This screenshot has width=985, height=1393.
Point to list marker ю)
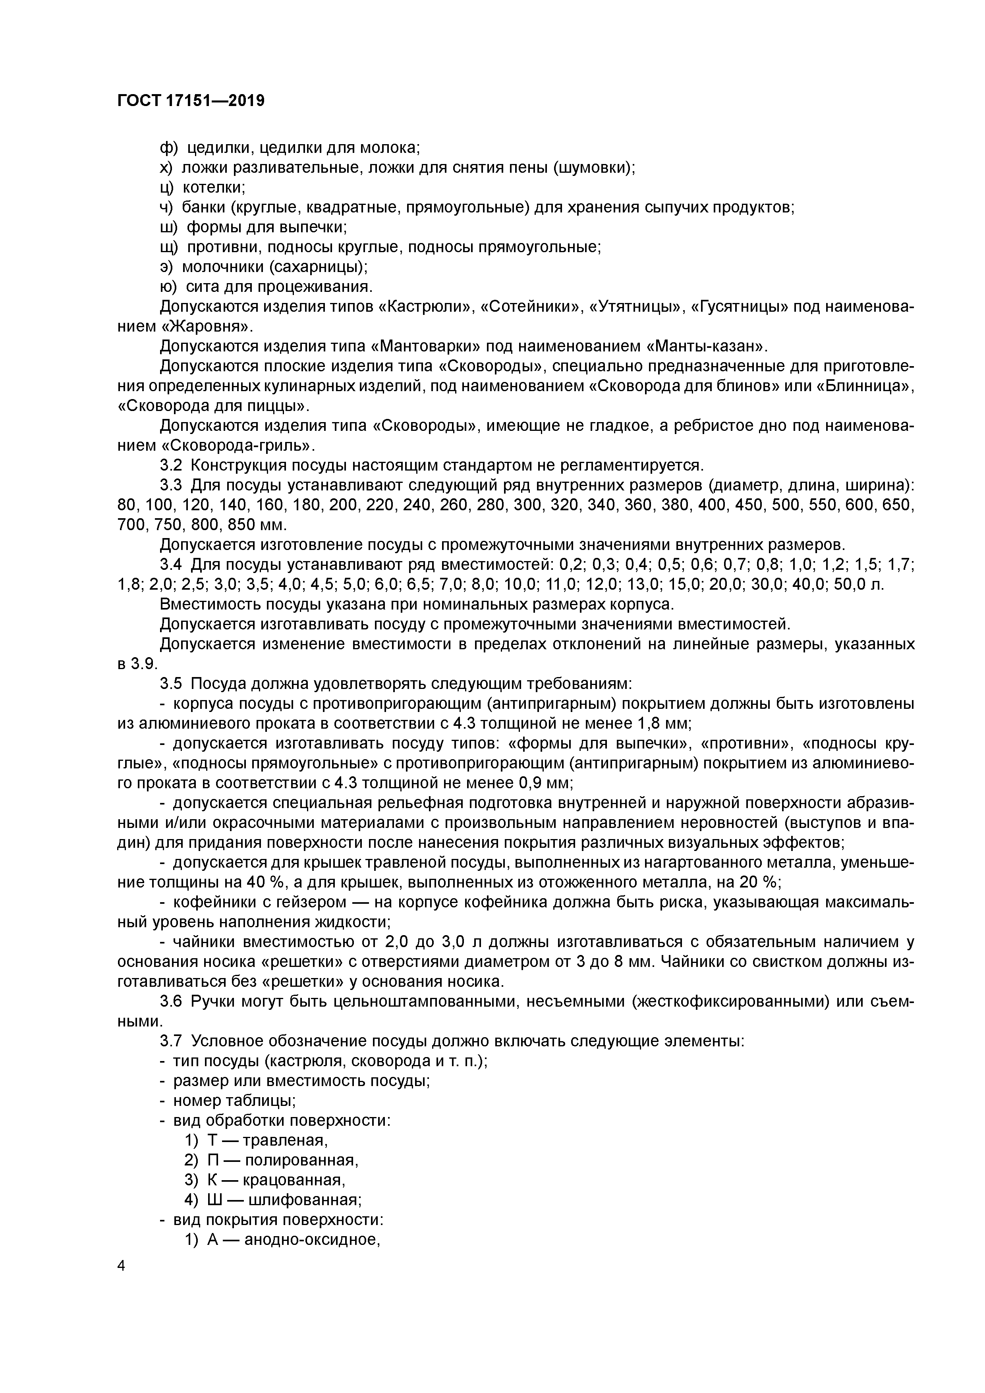tap(168, 286)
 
